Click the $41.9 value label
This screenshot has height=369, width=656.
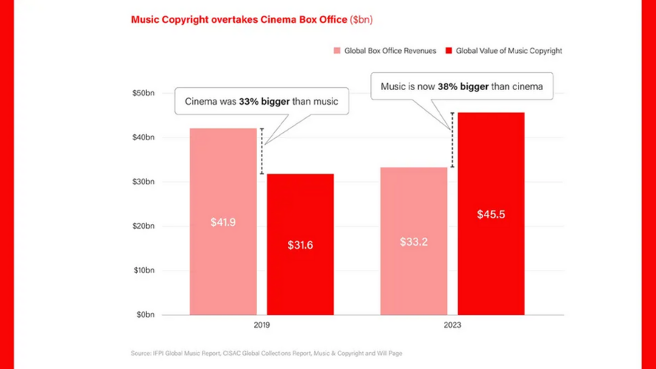pyautogui.click(x=223, y=221)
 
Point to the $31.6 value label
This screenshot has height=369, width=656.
pyautogui.click(x=300, y=245)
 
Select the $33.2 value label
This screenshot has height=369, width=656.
pyautogui.click(x=414, y=241)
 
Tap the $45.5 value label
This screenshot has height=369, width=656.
pyautogui.click(x=491, y=215)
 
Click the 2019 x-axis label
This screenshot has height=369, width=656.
pyautogui.click(x=261, y=324)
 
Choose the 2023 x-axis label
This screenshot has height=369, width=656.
pyautogui.click(x=451, y=324)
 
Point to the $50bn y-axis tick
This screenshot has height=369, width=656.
pyautogui.click(x=143, y=93)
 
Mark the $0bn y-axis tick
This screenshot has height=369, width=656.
pyautogui.click(x=146, y=314)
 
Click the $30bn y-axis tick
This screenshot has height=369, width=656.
pyautogui.click(x=143, y=182)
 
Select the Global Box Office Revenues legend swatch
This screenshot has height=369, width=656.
pyautogui.click(x=337, y=51)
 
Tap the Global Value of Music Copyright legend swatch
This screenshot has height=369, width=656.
pyautogui.click(x=448, y=51)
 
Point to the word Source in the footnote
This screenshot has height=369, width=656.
pyautogui.click(x=142, y=354)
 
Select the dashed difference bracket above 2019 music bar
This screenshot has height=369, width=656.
pyautogui.click(x=262, y=151)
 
